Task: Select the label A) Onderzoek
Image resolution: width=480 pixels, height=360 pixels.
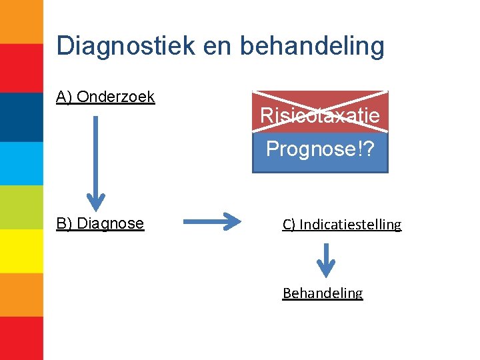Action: pos(105,97)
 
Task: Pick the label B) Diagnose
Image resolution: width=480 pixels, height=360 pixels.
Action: pos(100,223)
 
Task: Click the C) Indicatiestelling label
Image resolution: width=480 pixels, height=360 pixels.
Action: pos(342,224)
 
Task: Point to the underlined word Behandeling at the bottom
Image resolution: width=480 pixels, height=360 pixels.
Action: pos(323,293)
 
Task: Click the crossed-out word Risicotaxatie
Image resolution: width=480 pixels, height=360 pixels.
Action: pos(320,115)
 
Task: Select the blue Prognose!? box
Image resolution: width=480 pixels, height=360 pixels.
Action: pos(320,149)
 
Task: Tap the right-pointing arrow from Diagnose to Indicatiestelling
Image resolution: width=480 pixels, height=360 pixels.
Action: pos(211,221)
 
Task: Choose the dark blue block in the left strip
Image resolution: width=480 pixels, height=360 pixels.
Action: pos(21,117)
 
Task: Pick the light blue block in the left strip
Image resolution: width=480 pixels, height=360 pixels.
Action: pos(21,163)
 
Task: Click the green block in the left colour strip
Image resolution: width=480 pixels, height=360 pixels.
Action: pos(21,207)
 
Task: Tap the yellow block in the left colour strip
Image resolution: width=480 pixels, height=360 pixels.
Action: pos(21,251)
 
